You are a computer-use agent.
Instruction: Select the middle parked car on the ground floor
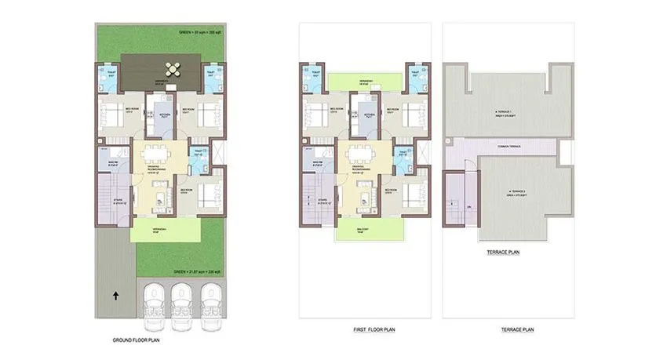coord(181,299)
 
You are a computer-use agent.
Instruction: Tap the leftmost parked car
coord(152,299)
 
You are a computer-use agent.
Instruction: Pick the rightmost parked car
coord(210,299)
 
